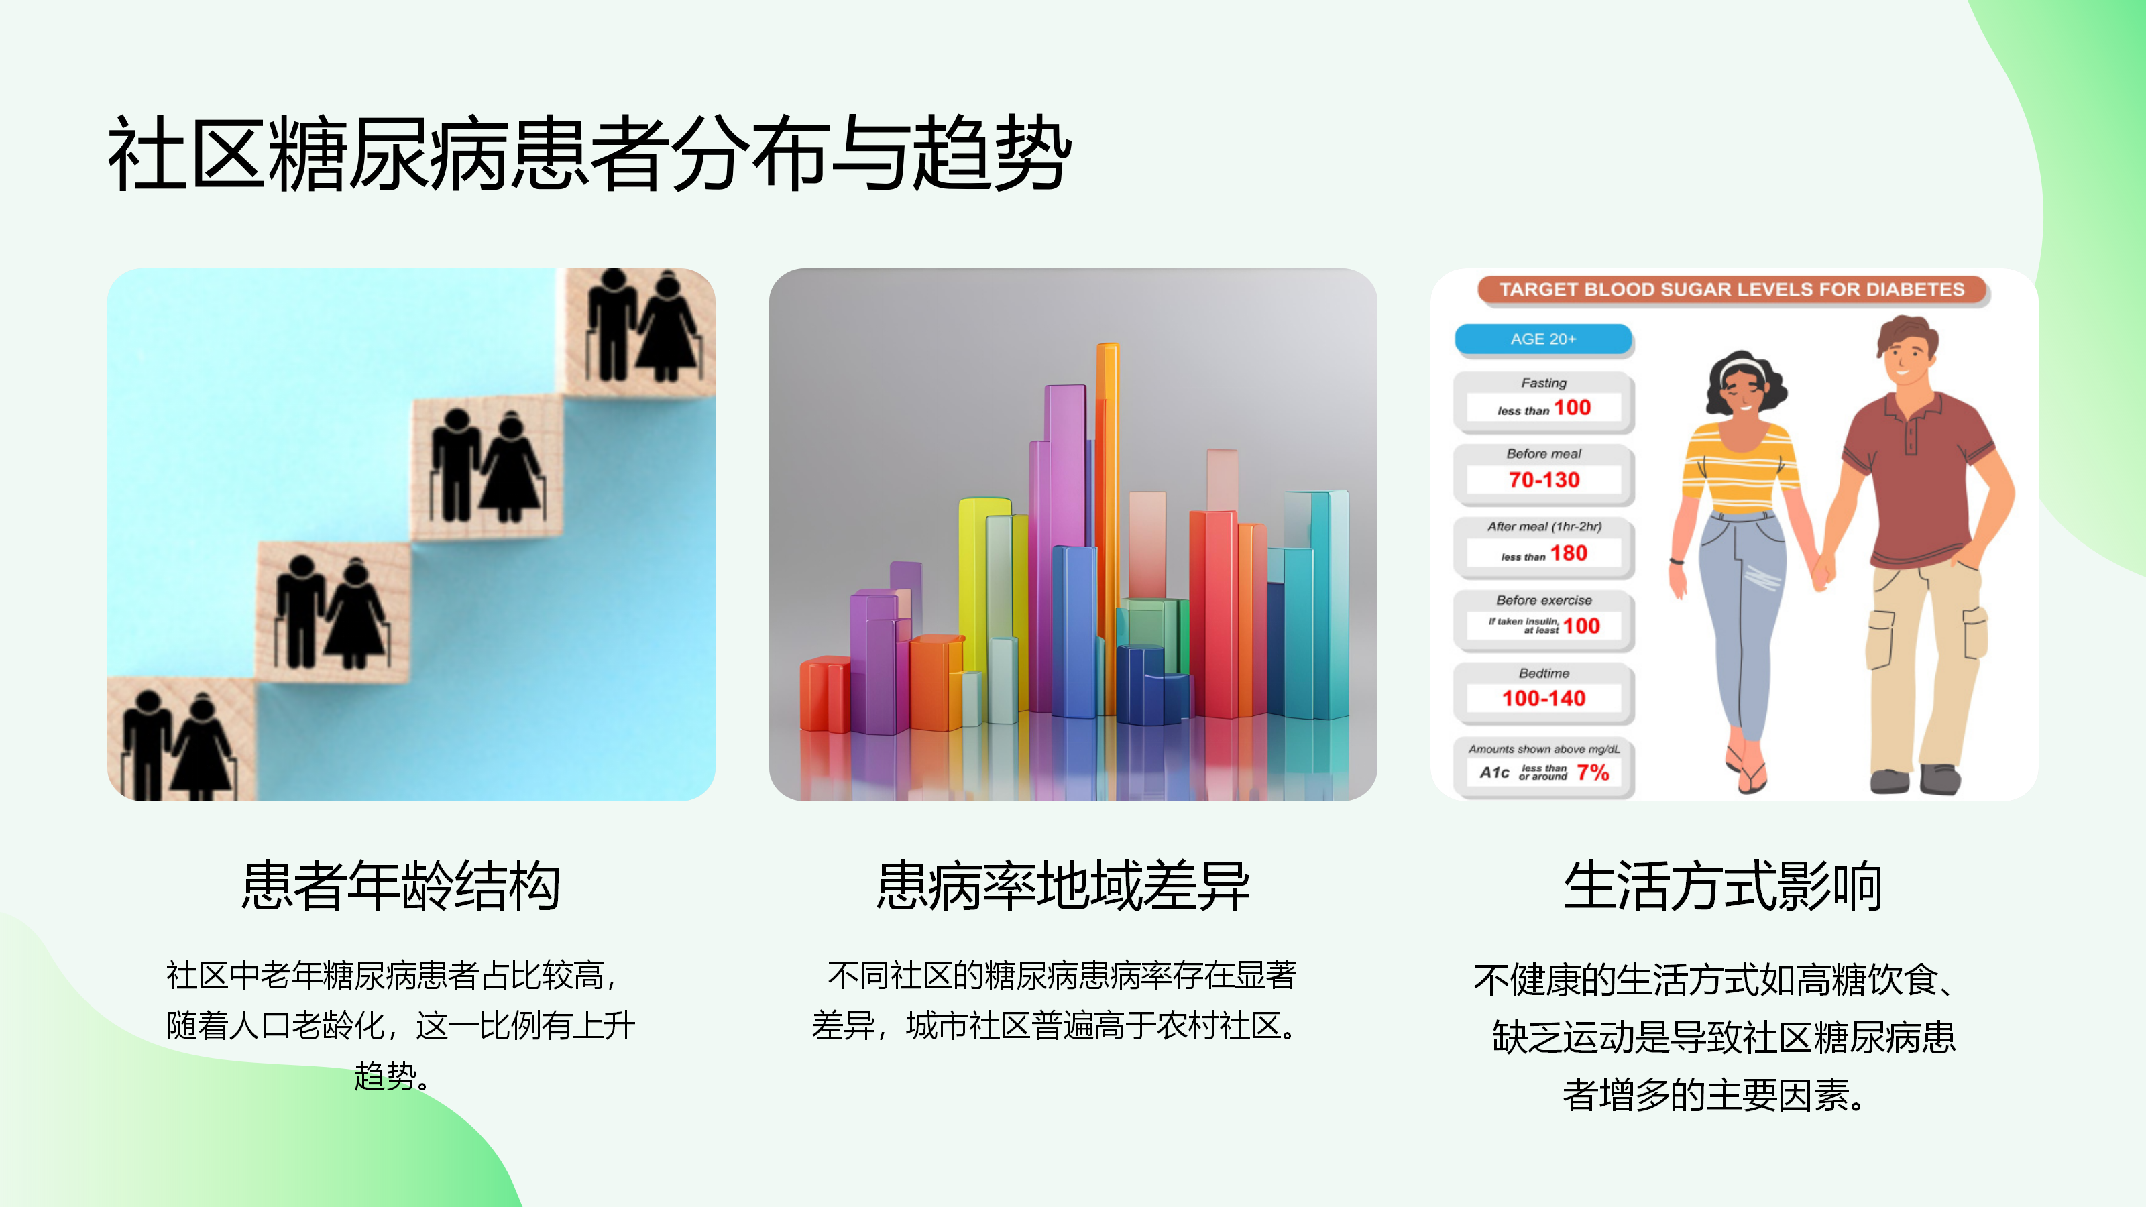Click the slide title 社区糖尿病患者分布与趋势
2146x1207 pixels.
[x=589, y=154]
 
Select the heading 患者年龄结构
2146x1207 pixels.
[x=401, y=885]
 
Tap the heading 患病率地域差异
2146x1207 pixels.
[x=1063, y=885]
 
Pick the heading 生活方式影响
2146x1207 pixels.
[x=1723, y=885]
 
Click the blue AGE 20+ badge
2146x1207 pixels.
[x=1543, y=339]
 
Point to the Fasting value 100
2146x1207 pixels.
[x=1572, y=407]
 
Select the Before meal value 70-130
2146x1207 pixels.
[x=1544, y=480]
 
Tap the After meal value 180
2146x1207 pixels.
[x=1569, y=553]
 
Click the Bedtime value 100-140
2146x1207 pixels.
[x=1544, y=698]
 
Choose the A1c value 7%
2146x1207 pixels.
[x=1593, y=772]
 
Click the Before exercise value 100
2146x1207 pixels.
[x=1581, y=626]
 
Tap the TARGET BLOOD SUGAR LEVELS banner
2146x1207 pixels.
[x=1732, y=289]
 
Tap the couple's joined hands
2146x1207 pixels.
[x=1823, y=571]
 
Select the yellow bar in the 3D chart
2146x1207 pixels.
[x=983, y=583]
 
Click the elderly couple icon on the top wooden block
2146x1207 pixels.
[x=642, y=327]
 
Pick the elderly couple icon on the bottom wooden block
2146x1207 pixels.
[x=176, y=746]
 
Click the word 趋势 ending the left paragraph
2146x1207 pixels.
[x=385, y=1076]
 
